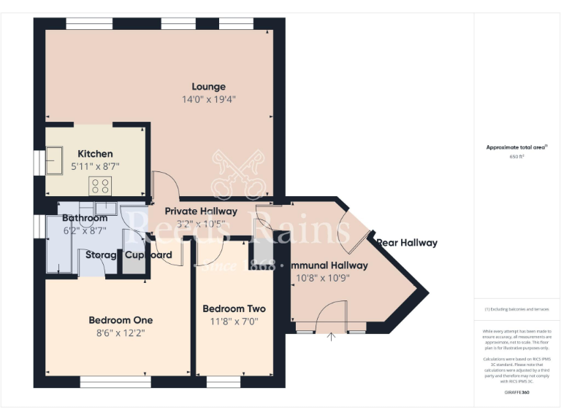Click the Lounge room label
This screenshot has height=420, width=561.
[x=208, y=87]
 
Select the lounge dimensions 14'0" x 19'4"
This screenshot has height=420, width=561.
[x=208, y=100]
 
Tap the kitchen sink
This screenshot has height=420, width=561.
[x=54, y=161]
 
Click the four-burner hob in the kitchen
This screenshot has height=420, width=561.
[x=99, y=186]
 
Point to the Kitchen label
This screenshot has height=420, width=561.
[x=95, y=154]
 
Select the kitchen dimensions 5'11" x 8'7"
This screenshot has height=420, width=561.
[x=95, y=167]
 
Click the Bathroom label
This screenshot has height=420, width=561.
[x=85, y=218]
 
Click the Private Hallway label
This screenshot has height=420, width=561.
[x=201, y=211]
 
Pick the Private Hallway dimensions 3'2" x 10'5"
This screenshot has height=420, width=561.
[x=201, y=225]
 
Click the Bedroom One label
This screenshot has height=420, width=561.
[x=121, y=320]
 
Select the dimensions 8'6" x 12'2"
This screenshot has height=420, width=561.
[x=121, y=333]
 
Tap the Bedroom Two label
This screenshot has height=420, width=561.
[x=234, y=308]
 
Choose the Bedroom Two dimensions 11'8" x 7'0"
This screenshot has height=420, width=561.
[x=234, y=322]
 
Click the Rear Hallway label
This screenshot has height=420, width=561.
[x=407, y=243]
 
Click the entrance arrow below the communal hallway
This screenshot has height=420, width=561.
[x=331, y=337]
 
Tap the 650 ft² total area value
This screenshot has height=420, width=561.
[x=516, y=157]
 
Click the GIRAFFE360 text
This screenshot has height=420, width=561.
[x=516, y=393]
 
